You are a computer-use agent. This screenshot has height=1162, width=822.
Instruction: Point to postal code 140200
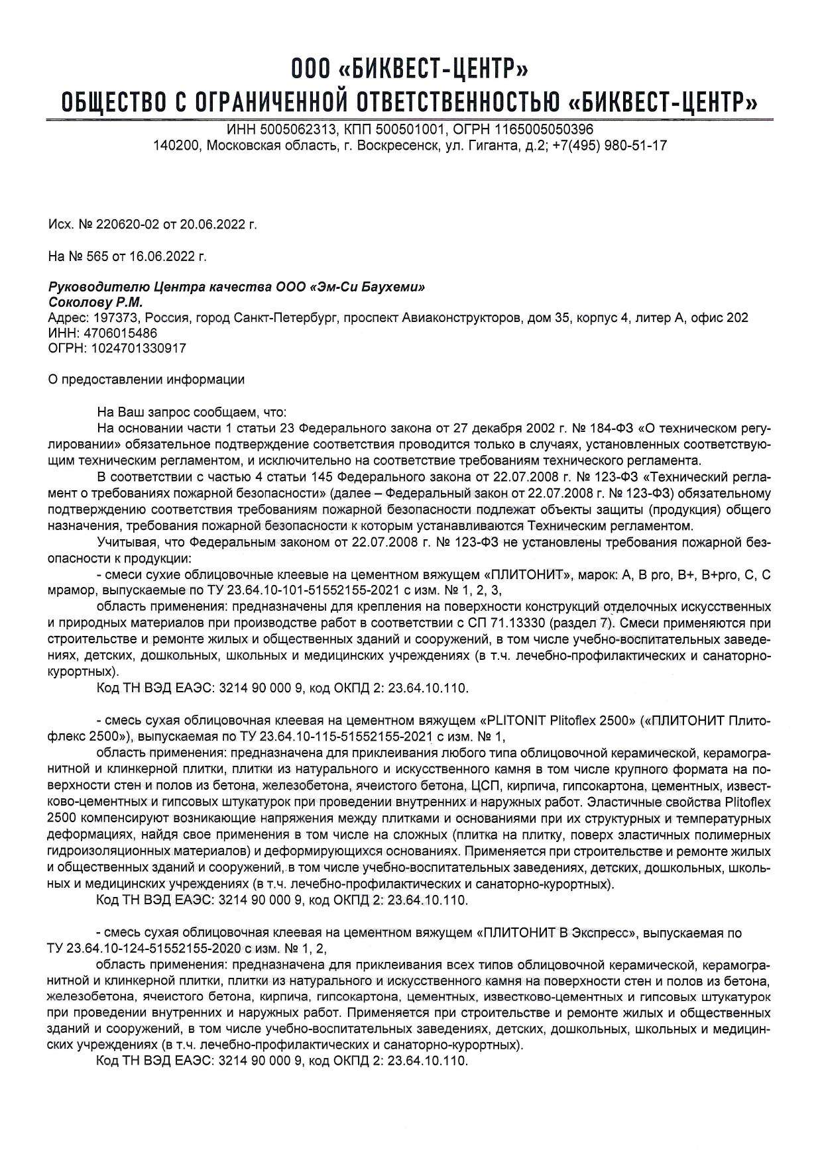[174, 145]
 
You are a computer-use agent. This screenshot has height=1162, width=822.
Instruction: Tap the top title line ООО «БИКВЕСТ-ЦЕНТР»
[410, 68]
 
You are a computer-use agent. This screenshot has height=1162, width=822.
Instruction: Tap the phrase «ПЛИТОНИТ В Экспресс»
[557, 933]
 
